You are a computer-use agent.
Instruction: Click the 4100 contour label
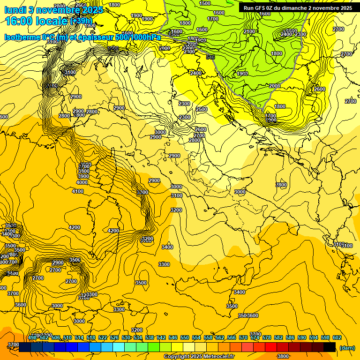(x=78, y=191)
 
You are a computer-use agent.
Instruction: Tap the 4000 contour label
(x=82, y=182)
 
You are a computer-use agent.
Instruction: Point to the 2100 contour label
(x=249, y=31)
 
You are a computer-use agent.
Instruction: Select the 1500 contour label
(x=205, y=3)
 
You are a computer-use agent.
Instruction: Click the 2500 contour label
(x=202, y=109)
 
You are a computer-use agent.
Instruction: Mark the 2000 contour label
(x=274, y=86)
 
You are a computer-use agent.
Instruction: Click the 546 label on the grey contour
(x=210, y=57)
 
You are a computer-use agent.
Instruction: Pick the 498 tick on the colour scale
(x=32, y=337)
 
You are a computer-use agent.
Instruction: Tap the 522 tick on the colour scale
(x=102, y=337)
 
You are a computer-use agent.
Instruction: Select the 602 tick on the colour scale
(x=337, y=337)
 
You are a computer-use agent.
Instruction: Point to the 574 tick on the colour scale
(x=255, y=337)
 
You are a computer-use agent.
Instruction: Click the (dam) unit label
(x=347, y=347)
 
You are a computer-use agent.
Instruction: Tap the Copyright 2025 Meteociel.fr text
(x=199, y=356)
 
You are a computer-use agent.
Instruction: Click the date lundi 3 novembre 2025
(x=54, y=10)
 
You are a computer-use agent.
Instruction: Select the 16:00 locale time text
(x=37, y=21)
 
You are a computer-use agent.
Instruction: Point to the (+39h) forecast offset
(x=82, y=21)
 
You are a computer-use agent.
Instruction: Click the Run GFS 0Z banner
(x=298, y=8)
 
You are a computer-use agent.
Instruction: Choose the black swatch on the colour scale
(x=330, y=347)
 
